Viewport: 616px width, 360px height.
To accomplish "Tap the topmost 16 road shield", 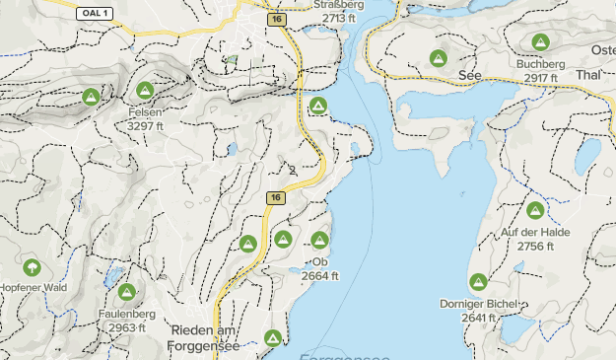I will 275,19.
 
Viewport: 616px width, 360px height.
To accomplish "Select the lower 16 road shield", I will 275,198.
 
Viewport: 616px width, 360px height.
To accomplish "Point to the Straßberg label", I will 340,5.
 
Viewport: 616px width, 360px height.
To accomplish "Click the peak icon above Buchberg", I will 539,42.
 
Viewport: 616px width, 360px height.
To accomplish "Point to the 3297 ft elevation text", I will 145,126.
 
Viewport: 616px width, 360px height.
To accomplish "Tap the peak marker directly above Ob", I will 319,240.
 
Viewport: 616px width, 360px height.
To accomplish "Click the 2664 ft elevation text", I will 320,276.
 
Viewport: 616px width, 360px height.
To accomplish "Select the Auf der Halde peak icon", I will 535,210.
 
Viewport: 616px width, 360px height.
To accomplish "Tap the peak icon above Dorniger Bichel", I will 478,282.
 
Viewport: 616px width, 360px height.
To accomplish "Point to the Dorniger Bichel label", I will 479,304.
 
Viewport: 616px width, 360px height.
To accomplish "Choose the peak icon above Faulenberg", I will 126,292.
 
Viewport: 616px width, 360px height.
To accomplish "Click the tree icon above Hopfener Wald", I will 31,266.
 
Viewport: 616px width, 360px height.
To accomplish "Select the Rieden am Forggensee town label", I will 206,337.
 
